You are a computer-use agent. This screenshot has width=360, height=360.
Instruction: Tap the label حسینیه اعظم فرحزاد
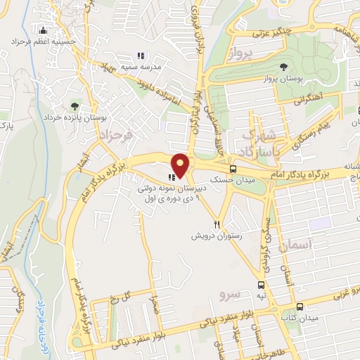click(x=44, y=42)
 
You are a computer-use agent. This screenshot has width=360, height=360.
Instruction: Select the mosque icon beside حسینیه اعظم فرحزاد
click(x=44, y=31)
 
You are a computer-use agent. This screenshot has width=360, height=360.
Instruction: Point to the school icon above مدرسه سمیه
click(x=141, y=55)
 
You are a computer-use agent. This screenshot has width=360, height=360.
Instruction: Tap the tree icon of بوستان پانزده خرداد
click(x=75, y=106)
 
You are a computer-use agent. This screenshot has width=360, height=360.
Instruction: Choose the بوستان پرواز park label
click(x=283, y=78)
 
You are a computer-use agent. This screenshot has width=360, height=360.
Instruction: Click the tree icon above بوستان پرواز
click(x=283, y=67)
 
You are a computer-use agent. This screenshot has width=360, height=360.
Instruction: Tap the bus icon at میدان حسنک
click(x=232, y=169)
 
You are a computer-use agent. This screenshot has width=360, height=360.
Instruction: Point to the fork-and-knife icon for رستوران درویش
click(x=218, y=225)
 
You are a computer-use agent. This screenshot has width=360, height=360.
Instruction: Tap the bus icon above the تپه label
click(x=262, y=285)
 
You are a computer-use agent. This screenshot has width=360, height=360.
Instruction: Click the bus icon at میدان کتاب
click(x=300, y=307)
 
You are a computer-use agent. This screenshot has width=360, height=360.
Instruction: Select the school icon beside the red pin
click(x=171, y=177)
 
